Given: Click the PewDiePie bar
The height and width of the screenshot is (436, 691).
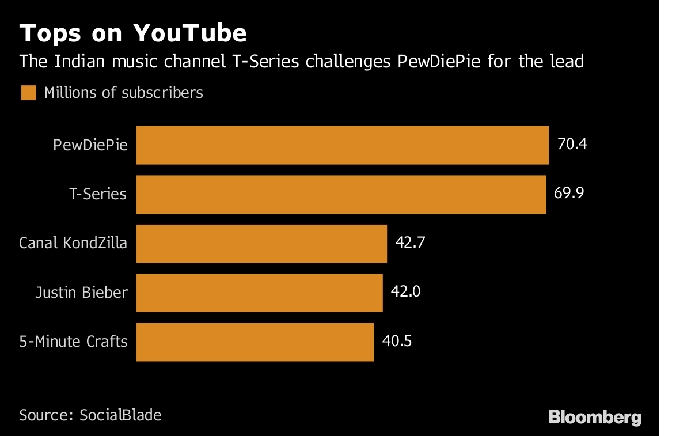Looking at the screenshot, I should point(343,145).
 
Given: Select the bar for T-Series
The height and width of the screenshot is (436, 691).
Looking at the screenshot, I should point(341,195).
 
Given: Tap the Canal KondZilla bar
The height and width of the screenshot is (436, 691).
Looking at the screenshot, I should point(261,244).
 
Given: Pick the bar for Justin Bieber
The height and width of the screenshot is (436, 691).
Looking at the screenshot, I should point(260,293).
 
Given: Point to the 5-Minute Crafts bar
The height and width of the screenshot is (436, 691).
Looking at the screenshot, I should point(255,342).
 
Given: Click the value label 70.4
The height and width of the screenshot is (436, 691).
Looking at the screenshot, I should point(572,144).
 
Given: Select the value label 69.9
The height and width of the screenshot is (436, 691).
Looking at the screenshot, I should point(569,193).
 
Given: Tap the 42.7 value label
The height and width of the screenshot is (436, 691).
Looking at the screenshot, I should point(410,242).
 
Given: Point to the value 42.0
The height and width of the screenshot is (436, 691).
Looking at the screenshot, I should point(405,291).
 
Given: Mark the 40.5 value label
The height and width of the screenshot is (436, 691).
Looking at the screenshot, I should point(397,340).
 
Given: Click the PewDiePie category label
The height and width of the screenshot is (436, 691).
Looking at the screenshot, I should point(90,145).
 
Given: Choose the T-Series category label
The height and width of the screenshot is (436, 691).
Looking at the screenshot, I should point(98,194).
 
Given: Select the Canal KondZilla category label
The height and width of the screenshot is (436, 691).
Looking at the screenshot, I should point(73,243).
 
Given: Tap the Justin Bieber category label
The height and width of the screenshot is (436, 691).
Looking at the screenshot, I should point(81,293).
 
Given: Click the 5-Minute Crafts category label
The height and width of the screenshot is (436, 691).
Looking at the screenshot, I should point(73,342).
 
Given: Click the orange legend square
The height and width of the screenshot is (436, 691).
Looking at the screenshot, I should point(29,93).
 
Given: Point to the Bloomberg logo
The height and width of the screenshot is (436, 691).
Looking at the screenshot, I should point(595,417).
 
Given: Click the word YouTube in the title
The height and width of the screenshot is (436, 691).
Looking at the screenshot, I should point(190,34).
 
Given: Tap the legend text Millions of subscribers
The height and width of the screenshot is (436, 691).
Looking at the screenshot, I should point(124,93).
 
